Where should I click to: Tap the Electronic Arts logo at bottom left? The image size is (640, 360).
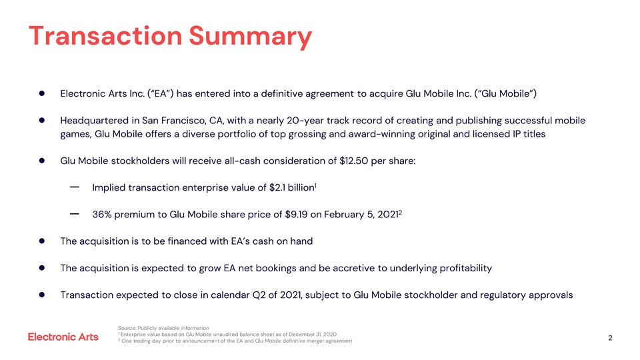click(x=63, y=337)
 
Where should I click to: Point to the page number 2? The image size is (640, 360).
click(x=610, y=338)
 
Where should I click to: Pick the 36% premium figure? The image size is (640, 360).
click(x=103, y=215)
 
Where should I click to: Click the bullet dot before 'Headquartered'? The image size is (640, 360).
click(x=41, y=121)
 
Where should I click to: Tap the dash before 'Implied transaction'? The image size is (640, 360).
click(x=75, y=188)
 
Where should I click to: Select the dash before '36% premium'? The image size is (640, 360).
click(x=75, y=215)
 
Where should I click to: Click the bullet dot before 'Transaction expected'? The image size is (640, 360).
click(x=41, y=295)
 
